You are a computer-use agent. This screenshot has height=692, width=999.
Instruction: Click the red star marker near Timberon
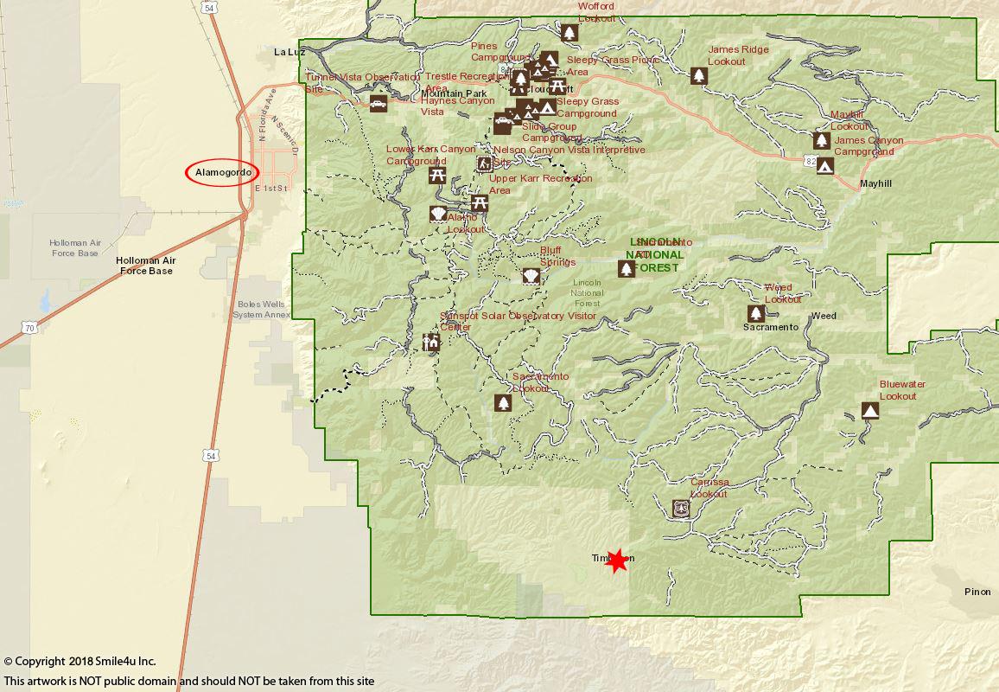click(617, 561)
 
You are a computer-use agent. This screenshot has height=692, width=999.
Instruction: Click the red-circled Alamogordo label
click(222, 173)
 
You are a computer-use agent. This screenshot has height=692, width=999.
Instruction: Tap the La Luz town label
click(290, 52)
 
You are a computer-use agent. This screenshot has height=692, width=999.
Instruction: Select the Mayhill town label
click(875, 184)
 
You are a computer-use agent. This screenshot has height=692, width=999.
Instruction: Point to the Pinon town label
click(977, 592)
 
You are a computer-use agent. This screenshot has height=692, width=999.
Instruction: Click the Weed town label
click(824, 316)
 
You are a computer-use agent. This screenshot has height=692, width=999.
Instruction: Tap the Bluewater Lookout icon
click(870, 411)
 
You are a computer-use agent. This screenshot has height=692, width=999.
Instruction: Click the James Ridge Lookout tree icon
click(699, 76)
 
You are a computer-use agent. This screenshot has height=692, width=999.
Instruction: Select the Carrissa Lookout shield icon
click(681, 509)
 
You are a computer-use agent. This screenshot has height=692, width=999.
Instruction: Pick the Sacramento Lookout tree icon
click(504, 403)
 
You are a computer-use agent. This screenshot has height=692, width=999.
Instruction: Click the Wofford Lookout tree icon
click(569, 33)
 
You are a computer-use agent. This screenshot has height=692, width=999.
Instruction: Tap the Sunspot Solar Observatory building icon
click(431, 342)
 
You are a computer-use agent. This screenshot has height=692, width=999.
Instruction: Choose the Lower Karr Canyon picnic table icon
click(437, 175)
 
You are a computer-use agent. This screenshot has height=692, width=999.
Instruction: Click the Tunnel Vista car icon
click(379, 104)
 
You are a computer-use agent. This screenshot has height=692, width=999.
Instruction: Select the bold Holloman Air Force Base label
click(144, 266)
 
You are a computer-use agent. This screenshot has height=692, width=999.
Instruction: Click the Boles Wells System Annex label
click(261, 309)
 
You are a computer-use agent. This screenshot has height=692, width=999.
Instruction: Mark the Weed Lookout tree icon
click(756, 313)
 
